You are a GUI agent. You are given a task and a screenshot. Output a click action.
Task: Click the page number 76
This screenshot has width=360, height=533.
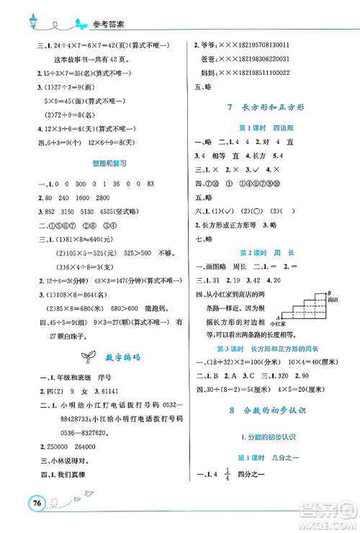[x=31, y=503]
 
